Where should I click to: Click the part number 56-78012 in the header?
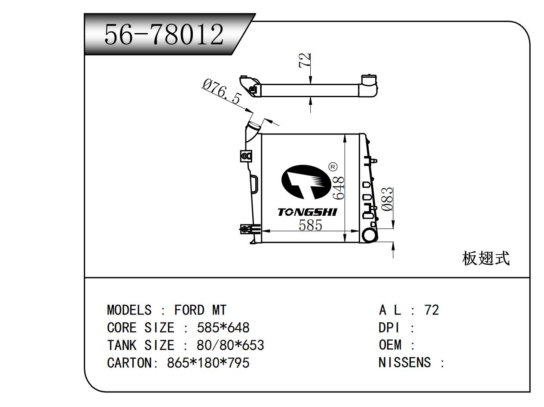click(x=164, y=34)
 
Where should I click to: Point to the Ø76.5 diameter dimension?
click(x=222, y=92)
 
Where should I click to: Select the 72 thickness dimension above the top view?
click(x=305, y=60)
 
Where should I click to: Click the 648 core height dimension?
click(x=339, y=188)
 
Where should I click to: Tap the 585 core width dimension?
click(x=310, y=225)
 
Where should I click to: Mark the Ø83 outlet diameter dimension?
click(x=387, y=199)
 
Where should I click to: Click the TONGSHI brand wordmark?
click(x=307, y=212)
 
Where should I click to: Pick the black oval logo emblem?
click(x=306, y=182)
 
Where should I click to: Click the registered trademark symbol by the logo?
click(x=333, y=167)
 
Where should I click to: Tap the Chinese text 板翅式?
click(x=486, y=259)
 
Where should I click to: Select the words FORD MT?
click(x=200, y=310)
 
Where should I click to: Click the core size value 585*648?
click(x=223, y=327)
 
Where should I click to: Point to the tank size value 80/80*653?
click(x=230, y=345)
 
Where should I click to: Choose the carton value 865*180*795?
click(x=208, y=363)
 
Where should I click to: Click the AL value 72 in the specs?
click(x=431, y=310)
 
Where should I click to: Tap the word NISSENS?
click(x=404, y=362)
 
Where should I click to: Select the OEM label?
click(x=390, y=345)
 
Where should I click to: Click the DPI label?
click(x=388, y=327)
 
